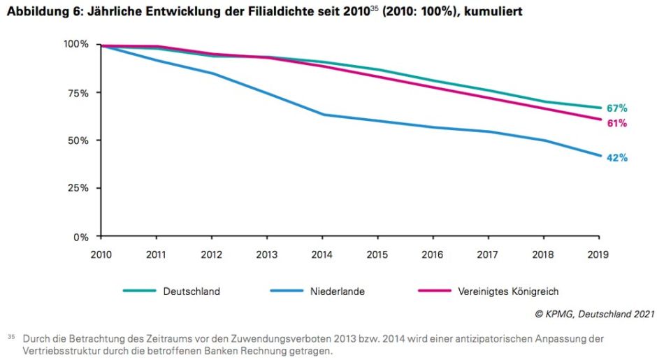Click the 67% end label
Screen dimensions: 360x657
(616, 108)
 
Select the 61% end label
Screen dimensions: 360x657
(616, 124)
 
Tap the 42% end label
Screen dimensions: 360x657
(616, 158)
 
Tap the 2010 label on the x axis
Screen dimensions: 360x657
(102, 254)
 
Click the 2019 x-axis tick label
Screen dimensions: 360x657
(598, 254)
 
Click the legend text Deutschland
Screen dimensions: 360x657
(192, 291)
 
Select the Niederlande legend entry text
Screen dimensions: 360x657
(338, 291)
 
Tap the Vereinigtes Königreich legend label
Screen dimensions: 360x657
(509, 291)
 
